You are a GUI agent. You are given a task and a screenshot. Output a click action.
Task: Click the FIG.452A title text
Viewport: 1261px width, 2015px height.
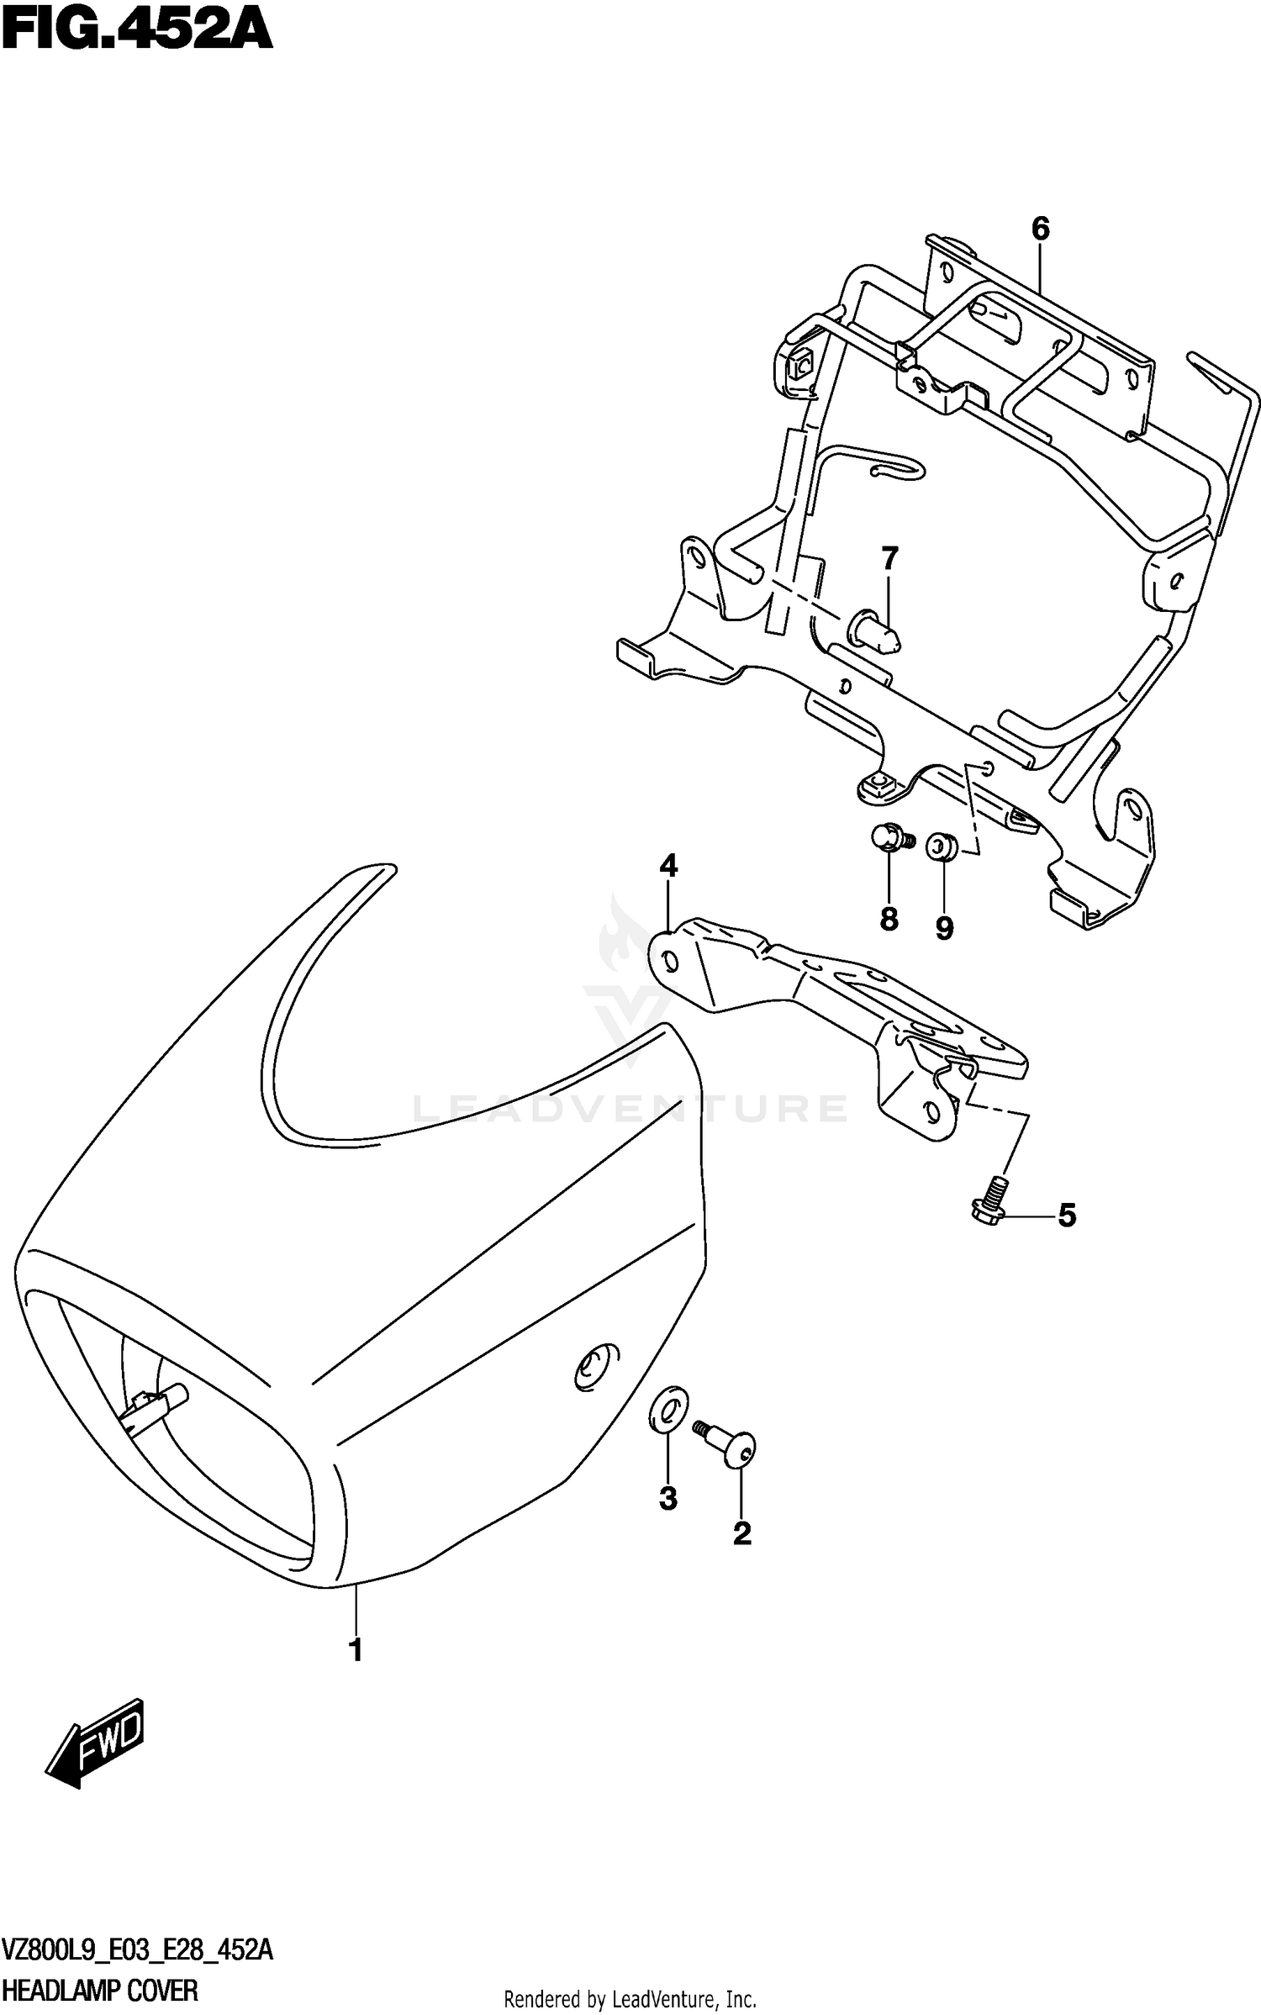point(137,32)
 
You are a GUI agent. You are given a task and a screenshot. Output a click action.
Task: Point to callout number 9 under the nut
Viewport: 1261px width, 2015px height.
point(944,928)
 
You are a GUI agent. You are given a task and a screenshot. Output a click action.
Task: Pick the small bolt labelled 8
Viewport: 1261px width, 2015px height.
point(889,837)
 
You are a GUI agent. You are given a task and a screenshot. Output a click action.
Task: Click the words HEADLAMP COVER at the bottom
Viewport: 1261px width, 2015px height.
point(101,1991)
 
